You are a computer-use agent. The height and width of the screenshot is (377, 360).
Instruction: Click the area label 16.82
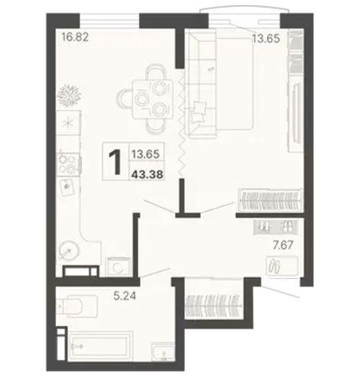(75, 37)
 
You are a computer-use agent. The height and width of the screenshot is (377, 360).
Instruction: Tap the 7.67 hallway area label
(283, 245)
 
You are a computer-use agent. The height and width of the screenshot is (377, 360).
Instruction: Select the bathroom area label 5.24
(125, 295)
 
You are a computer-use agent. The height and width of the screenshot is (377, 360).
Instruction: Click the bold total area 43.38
(147, 175)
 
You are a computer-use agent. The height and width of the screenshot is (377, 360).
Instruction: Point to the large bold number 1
(116, 162)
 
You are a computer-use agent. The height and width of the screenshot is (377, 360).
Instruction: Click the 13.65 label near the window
(266, 39)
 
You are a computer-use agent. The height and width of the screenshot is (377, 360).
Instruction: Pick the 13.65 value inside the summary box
(146, 154)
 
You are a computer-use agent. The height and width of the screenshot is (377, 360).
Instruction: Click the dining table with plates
(152, 99)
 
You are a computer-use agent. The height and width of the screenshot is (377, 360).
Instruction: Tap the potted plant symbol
(69, 96)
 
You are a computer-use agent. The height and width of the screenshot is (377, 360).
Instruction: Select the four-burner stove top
(69, 164)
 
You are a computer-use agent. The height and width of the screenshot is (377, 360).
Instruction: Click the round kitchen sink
(69, 250)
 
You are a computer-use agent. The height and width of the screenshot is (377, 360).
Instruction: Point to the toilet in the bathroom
(77, 306)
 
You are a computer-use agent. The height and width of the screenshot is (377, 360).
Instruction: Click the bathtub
(100, 346)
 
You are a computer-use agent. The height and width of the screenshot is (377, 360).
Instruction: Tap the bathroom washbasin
(163, 352)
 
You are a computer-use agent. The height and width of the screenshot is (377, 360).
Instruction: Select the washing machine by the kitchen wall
(119, 266)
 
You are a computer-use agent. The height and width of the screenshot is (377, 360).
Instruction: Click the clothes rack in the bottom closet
(213, 306)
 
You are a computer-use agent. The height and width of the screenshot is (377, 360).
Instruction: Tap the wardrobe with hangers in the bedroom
(270, 200)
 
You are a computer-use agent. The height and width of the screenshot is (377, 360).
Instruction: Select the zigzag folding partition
(182, 123)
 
